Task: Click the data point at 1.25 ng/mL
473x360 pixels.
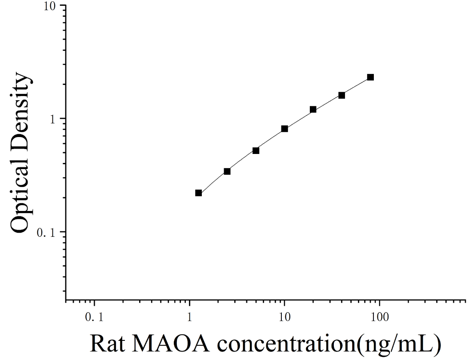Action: tap(198, 193)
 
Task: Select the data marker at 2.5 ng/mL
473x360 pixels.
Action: tap(227, 171)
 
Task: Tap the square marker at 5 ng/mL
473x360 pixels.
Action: tap(256, 150)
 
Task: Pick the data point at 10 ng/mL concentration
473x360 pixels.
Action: tap(285, 129)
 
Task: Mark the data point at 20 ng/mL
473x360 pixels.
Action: tap(313, 109)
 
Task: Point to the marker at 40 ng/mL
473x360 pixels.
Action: tap(341, 95)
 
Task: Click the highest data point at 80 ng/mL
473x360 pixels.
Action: tap(370, 77)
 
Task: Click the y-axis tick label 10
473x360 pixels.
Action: tap(50, 6)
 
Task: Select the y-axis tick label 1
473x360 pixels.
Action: tap(53, 119)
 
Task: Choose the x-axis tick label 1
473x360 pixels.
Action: tap(190, 317)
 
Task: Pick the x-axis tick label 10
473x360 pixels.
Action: tap(284, 317)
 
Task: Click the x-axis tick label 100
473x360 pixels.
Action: tap(379, 317)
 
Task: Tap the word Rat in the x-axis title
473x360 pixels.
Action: tap(108, 344)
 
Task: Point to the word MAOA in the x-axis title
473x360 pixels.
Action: tap(170, 344)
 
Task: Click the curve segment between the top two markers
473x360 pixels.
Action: tap(356, 86)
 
